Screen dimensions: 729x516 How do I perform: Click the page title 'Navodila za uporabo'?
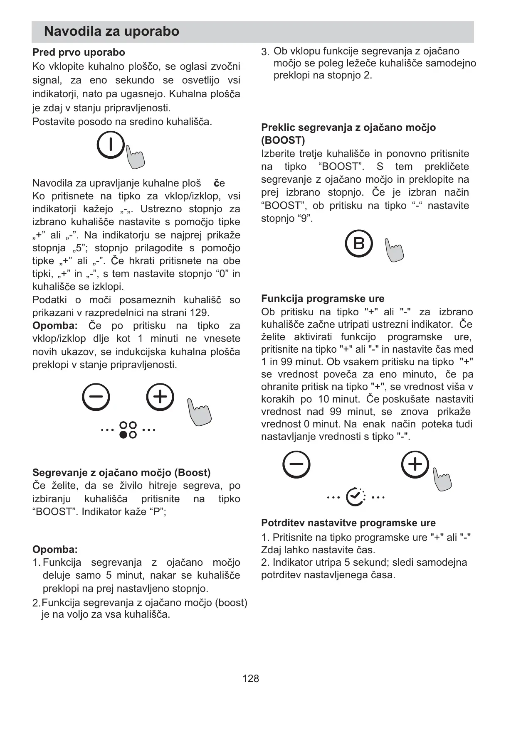point(111,32)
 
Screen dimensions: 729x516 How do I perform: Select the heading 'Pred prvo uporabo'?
point(79,53)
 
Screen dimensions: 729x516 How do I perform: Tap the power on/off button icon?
point(111,145)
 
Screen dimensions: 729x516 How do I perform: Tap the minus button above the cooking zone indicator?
point(96,397)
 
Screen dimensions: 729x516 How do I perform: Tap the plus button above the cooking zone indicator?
point(160,397)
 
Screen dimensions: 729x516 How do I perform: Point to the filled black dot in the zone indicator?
point(123,435)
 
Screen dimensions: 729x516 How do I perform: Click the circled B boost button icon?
point(359,243)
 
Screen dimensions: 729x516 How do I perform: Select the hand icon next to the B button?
point(394,250)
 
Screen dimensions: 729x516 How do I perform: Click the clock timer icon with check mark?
point(356,496)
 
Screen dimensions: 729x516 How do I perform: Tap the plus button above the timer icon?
point(415,464)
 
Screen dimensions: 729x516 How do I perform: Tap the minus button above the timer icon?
point(296,464)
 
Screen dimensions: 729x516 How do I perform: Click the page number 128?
point(251,678)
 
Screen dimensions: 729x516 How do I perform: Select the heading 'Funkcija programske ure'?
point(323,299)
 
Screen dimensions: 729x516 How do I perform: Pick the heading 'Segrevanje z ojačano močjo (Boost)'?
point(121,473)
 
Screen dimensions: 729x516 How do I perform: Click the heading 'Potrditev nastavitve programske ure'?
point(348,523)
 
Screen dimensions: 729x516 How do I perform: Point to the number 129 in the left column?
point(200,313)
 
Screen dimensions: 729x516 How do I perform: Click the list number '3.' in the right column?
point(265,52)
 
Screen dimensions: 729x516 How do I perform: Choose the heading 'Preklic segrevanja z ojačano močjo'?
point(348,128)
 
